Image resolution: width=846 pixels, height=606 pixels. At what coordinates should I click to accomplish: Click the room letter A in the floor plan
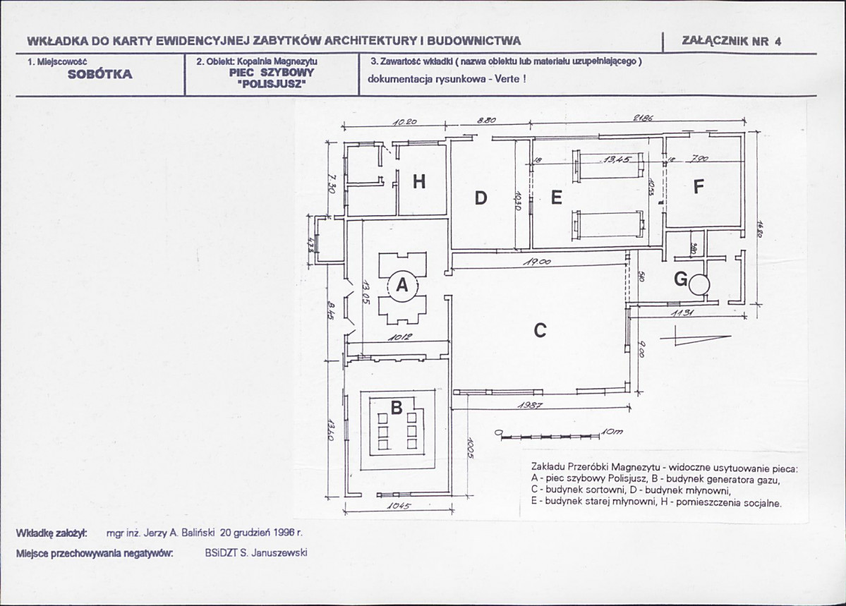coord(402,285)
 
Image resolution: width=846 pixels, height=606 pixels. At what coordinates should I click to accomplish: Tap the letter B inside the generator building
coord(397,407)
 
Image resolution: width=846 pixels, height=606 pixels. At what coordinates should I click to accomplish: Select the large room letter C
coord(540,329)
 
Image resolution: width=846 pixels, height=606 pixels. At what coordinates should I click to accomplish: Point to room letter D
coord(481,198)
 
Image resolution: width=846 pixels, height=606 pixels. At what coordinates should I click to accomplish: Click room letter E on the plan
coord(556,198)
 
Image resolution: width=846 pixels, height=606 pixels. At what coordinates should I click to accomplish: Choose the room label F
coord(699,187)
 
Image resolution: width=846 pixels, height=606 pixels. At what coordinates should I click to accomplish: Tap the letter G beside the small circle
coord(681,280)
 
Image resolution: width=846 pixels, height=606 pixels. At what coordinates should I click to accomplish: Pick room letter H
coord(419,182)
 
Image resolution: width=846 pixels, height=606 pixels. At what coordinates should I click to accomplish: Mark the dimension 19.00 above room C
coord(537,262)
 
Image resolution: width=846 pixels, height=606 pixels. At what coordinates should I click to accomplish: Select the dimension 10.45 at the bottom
coord(399,506)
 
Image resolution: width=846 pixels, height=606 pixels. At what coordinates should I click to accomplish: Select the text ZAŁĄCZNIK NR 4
coord(732,41)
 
